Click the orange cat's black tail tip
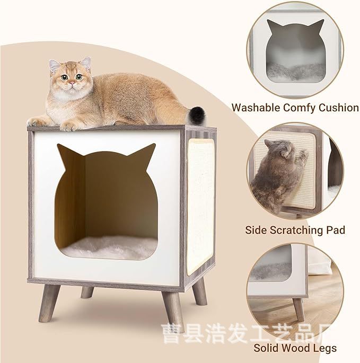[x=198, y=113]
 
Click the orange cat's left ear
[x=55, y=66]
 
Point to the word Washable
[x=257, y=108]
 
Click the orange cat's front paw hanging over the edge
[x=69, y=126]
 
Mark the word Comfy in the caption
[x=298, y=108]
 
